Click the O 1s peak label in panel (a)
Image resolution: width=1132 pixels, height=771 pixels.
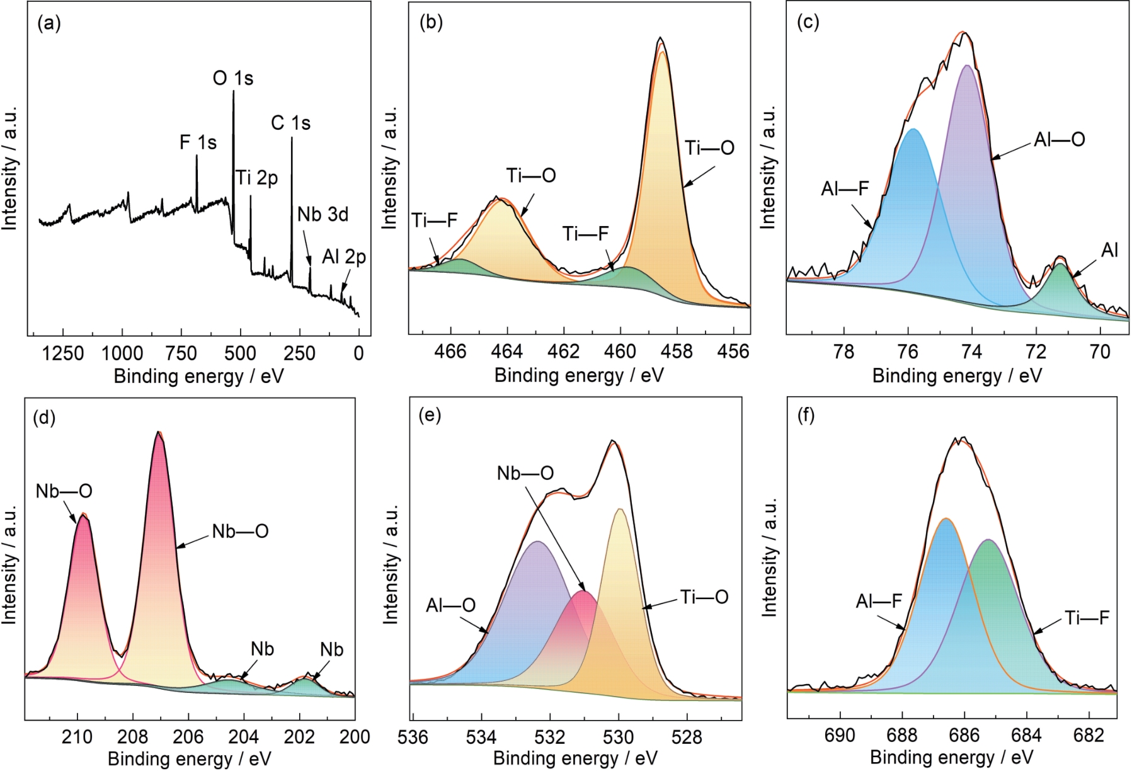click(233, 79)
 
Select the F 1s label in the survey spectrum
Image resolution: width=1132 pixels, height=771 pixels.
click(198, 143)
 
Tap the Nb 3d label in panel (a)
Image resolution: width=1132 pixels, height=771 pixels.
click(323, 215)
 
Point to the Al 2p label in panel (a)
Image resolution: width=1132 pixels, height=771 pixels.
click(344, 257)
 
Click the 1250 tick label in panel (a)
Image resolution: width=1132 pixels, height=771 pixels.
click(62, 353)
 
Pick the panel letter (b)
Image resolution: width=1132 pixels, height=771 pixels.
click(431, 22)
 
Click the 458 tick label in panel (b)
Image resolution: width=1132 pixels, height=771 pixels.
click(677, 351)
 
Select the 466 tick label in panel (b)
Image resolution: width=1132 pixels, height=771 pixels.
click(450, 351)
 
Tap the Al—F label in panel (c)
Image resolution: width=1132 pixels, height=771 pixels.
click(845, 188)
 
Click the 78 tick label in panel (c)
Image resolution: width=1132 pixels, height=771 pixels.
click(843, 351)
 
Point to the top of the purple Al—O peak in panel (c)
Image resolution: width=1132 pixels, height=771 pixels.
click(967, 66)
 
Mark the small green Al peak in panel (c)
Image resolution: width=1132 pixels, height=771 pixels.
click(1061, 265)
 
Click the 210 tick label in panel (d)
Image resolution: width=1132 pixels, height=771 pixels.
click(77, 736)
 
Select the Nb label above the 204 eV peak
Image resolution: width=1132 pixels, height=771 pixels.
click(262, 649)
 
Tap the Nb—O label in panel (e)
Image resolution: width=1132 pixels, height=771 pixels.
click(525, 474)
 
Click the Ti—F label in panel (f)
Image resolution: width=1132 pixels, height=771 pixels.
click(1087, 618)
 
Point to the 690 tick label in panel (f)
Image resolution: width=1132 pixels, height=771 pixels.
click(840, 735)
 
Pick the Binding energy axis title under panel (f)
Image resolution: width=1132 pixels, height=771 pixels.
click(951, 757)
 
